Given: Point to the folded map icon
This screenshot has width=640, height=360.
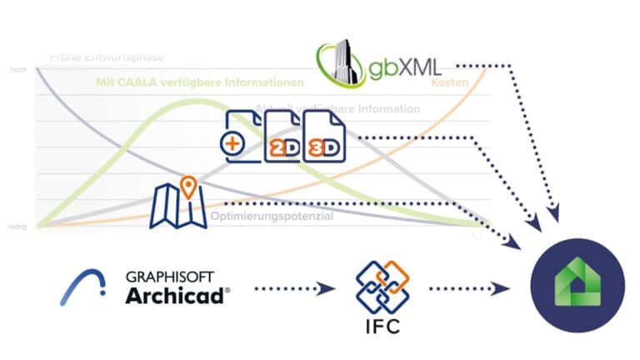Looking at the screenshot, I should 177,208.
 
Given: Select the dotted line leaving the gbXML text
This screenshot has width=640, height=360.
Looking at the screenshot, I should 483,64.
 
